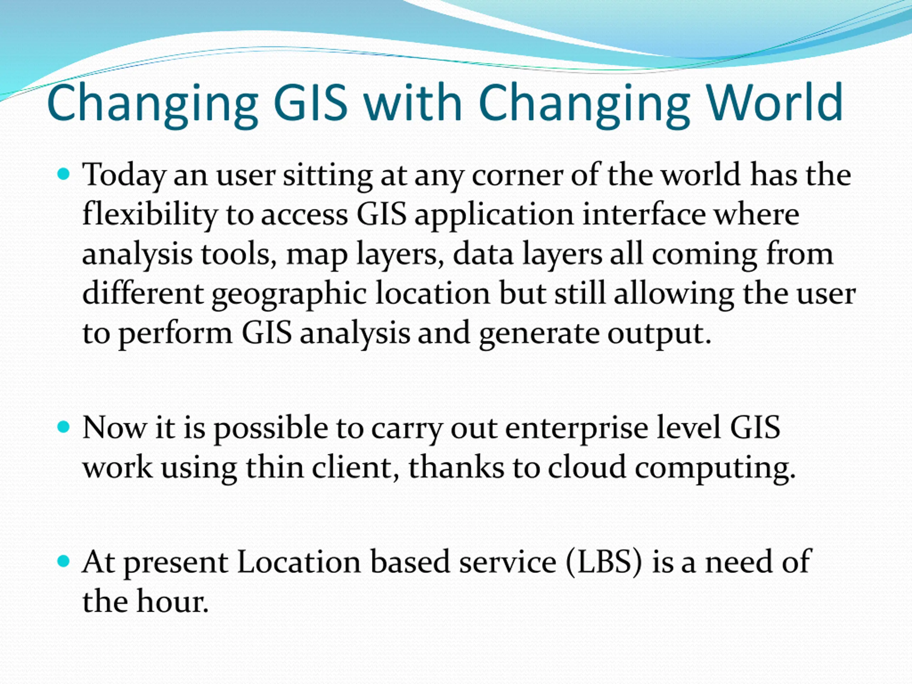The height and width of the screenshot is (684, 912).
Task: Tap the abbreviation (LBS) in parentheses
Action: point(604,562)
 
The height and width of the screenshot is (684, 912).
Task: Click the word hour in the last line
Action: point(173,601)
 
